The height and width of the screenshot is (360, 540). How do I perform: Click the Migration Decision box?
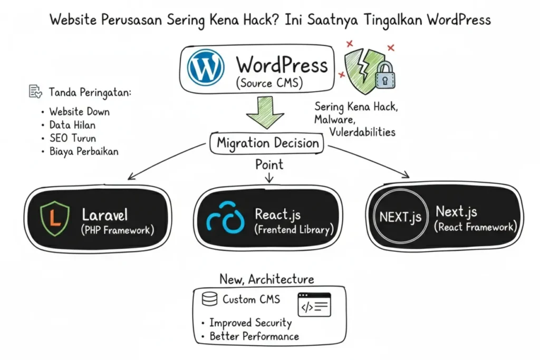click(268, 143)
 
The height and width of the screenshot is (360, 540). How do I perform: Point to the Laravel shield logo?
click(55, 219)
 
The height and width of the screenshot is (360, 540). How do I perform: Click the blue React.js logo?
click(226, 219)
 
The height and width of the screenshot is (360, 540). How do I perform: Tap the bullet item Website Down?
click(79, 112)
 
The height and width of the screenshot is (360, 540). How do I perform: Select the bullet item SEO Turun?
click(72, 138)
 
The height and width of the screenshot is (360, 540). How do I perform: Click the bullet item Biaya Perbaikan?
click(84, 152)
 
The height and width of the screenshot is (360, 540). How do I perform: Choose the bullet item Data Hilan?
click(72, 125)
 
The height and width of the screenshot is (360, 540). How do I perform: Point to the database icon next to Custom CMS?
click(209, 299)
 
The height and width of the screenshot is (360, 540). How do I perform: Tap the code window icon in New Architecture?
click(314, 305)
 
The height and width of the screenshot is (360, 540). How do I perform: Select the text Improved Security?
click(250, 323)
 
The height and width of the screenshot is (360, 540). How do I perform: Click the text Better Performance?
click(254, 336)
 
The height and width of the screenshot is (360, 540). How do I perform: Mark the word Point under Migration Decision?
click(269, 164)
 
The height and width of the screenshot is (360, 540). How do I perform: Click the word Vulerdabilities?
click(362, 132)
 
